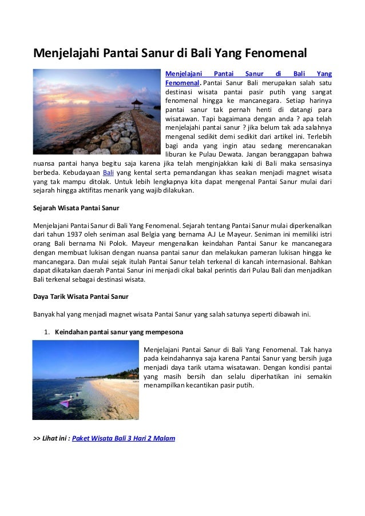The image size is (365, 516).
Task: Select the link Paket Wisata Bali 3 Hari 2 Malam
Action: click(x=124, y=439)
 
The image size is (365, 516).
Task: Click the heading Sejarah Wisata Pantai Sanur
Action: click(x=76, y=208)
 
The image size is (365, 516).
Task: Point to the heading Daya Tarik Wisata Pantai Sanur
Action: click(x=81, y=297)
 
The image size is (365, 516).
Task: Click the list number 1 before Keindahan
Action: click(x=46, y=331)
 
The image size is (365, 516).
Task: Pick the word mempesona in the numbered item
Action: click(x=166, y=331)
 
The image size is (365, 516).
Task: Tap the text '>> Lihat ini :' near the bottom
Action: click(x=51, y=439)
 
